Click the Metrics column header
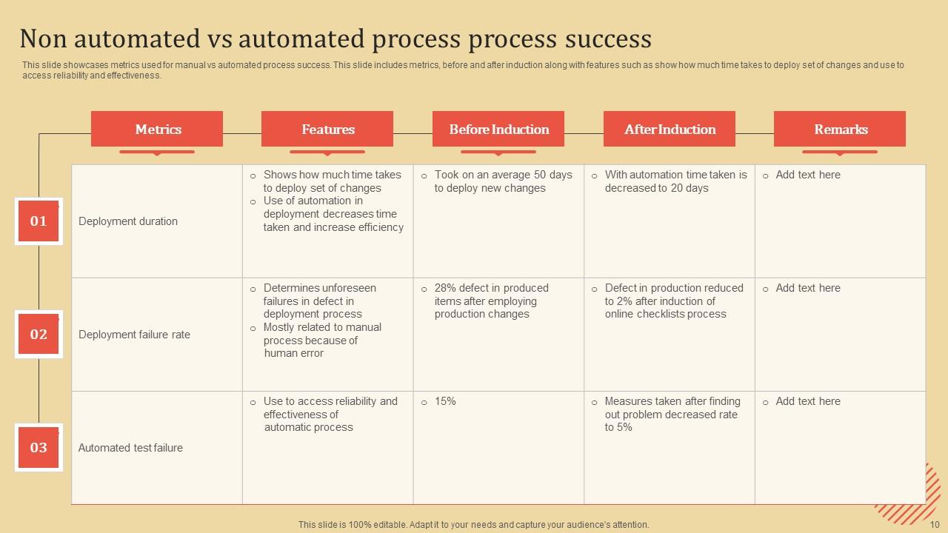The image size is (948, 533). (x=157, y=129)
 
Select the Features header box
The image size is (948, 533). (x=327, y=129)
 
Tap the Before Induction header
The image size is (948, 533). (x=498, y=129)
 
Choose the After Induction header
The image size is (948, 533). (x=670, y=129)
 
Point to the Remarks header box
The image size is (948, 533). (x=840, y=129)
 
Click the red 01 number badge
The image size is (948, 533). (x=39, y=221)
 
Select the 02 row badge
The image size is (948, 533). (x=39, y=334)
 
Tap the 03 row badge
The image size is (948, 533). (x=39, y=447)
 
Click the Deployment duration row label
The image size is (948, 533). (x=128, y=221)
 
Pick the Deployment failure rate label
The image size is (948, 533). (x=134, y=335)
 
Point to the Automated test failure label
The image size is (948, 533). (x=130, y=448)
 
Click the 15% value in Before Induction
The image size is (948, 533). (x=445, y=401)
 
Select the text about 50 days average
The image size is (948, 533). (x=503, y=181)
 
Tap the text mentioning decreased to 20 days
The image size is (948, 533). (x=675, y=181)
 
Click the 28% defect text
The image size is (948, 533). (x=491, y=301)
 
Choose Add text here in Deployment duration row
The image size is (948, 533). (x=808, y=175)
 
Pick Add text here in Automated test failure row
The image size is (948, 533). (x=808, y=401)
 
